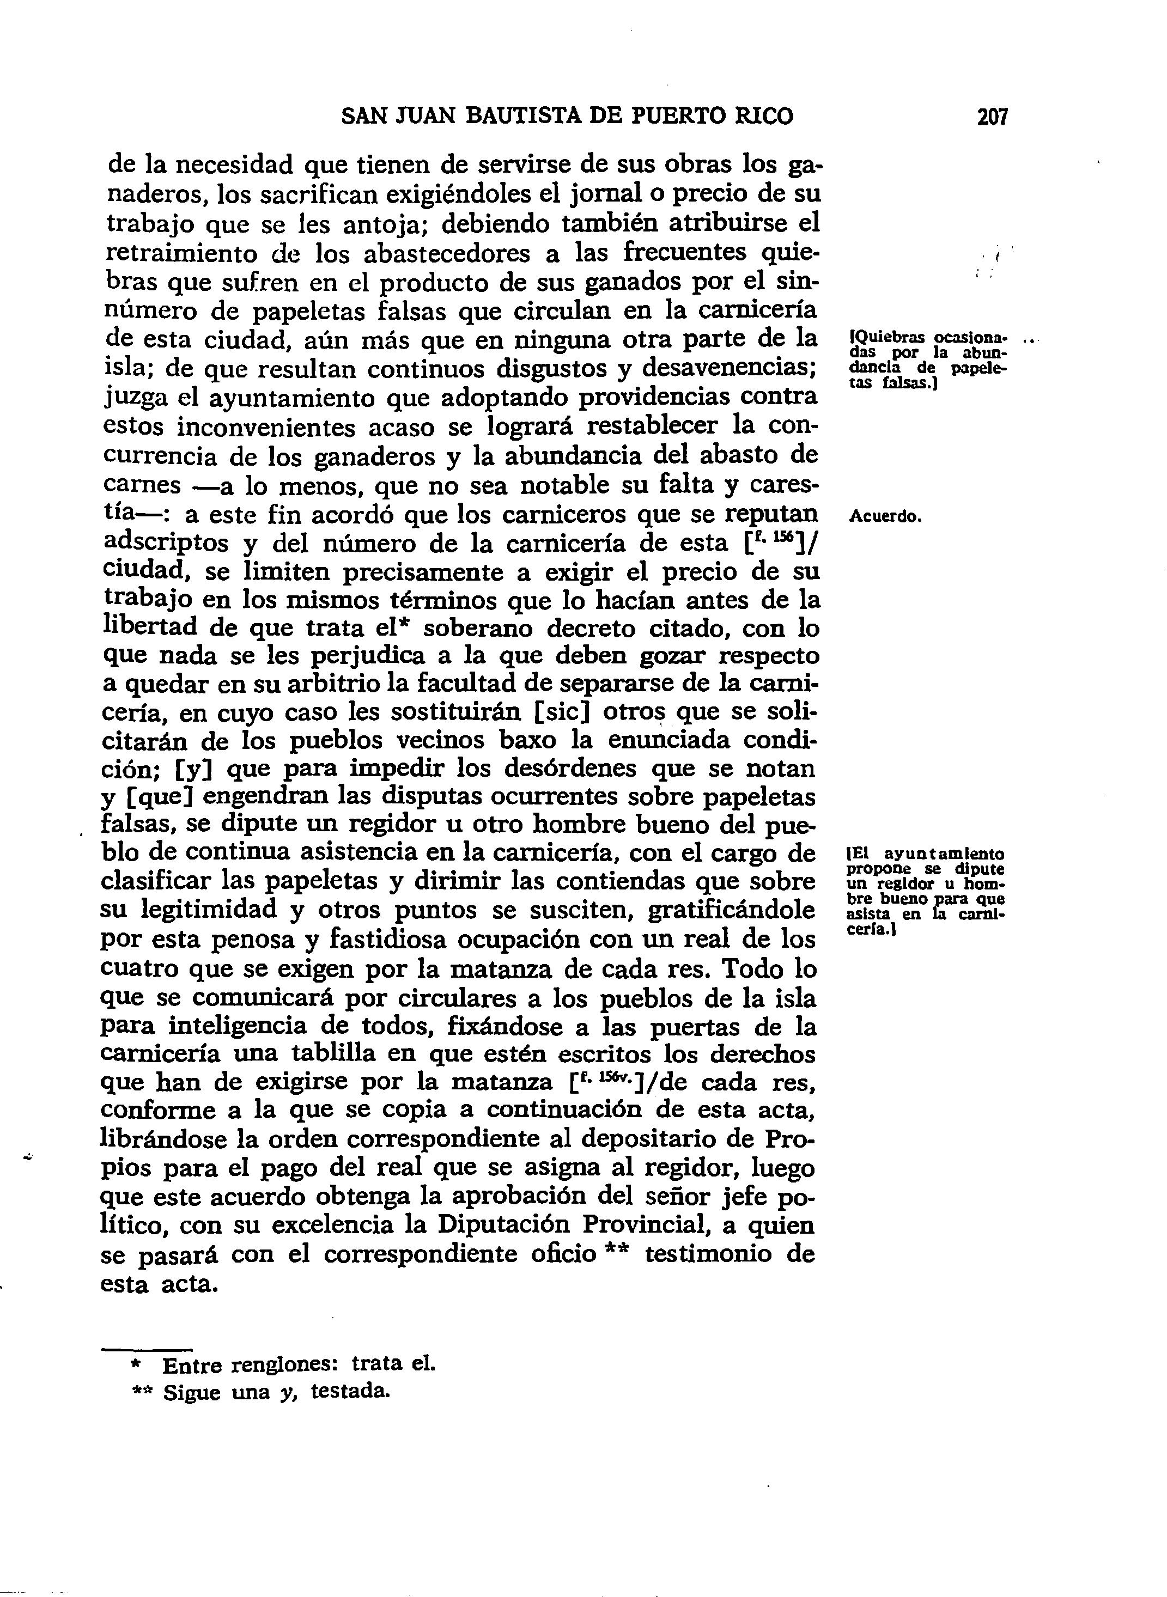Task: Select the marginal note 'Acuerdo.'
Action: [886, 516]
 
